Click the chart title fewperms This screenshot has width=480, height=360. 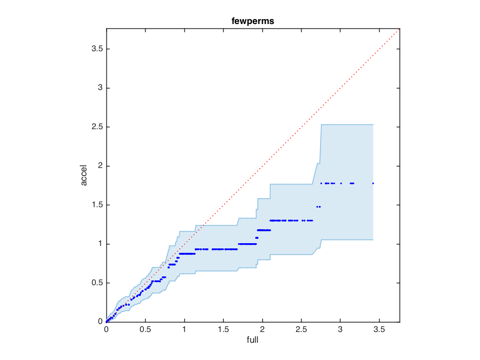coord(253,22)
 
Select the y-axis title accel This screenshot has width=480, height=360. coord(84,175)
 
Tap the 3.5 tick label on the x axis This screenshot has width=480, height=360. coord(379,330)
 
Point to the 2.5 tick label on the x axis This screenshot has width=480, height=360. coord(301,330)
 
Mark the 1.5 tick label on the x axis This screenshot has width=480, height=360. coord(223,330)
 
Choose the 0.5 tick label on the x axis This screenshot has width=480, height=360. coord(145,330)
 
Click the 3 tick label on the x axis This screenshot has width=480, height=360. coord(340,330)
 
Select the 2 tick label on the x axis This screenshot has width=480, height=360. coord(262,330)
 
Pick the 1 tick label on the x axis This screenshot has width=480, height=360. coord(184,330)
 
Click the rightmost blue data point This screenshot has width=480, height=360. coord(373,183)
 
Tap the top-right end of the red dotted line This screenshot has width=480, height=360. coord(399,29)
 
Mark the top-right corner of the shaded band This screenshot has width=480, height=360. coord(373,124)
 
